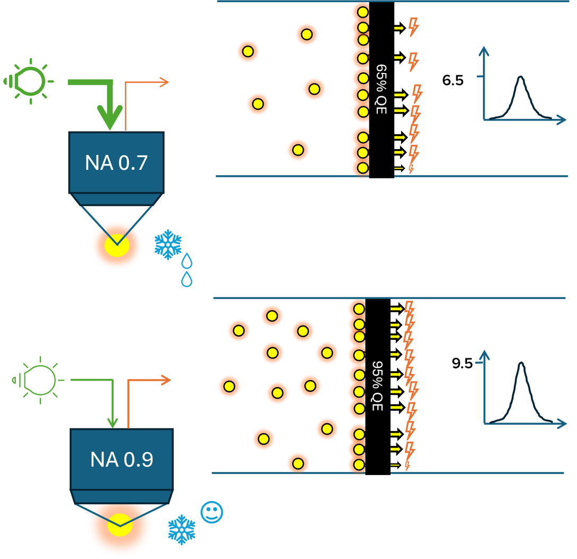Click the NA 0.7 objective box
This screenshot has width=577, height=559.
tap(116, 162)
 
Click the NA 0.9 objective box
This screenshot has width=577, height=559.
tap(122, 459)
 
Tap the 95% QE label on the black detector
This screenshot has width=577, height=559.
tap(378, 386)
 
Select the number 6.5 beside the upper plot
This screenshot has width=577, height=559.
tap(453, 81)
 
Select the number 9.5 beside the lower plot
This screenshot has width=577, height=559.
tap(462, 364)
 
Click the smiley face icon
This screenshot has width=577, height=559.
tap(211, 512)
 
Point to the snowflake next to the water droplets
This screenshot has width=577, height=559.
tap(168, 245)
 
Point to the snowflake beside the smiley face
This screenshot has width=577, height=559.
tap(182, 529)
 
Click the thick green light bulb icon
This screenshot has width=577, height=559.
tap(30, 81)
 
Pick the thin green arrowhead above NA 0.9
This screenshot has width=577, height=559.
tap(112, 423)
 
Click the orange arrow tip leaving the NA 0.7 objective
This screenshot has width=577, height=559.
tap(165, 82)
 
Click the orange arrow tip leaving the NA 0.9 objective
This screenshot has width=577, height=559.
tap(168, 380)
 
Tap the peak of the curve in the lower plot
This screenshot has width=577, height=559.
tap(522, 363)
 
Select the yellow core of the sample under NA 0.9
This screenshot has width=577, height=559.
tap(120, 524)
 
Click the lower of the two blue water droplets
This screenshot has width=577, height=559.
tap(186, 279)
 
